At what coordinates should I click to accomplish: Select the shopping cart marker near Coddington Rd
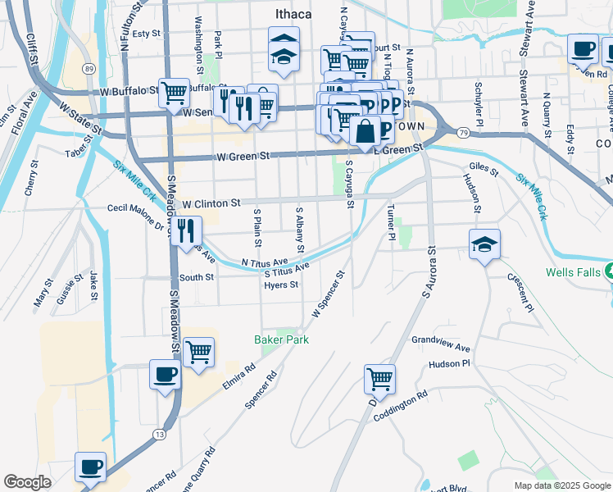click(379, 379)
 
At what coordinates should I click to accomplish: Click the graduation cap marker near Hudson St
click(484, 244)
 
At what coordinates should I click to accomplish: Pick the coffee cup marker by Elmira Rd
click(165, 375)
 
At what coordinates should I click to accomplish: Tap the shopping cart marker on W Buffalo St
click(174, 93)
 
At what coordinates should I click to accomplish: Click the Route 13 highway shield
click(159, 433)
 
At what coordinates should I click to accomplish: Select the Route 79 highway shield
click(464, 131)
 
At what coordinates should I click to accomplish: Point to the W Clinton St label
click(211, 203)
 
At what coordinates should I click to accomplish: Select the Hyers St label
click(280, 285)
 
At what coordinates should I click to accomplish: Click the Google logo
click(27, 482)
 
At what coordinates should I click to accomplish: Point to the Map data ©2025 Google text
click(561, 485)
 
